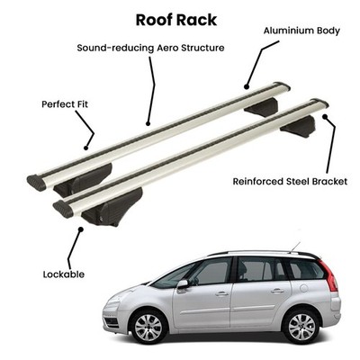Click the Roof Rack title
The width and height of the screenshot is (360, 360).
pyautogui.click(x=176, y=20)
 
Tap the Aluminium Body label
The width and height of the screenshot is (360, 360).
pyautogui.click(x=301, y=31)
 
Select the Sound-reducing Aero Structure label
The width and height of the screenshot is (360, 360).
pyautogui.click(x=150, y=48)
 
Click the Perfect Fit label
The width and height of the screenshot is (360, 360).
pyautogui.click(x=65, y=104)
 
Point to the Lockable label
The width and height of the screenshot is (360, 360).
pyautogui.click(x=64, y=274)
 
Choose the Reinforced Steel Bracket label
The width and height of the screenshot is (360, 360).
pyautogui.click(x=290, y=182)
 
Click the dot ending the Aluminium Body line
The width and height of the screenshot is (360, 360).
pyautogui.click(x=247, y=87)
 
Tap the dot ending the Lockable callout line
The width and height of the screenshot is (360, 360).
pyautogui.click(x=80, y=229)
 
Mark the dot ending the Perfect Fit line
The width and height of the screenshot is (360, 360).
pyautogui.click(x=85, y=148)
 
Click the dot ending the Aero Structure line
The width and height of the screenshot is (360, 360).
pyautogui.click(x=148, y=123)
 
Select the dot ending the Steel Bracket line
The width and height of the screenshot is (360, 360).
pyautogui.click(x=325, y=116)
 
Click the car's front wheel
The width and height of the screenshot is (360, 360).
pyautogui.click(x=148, y=327)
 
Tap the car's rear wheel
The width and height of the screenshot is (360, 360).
pyautogui.click(x=301, y=327)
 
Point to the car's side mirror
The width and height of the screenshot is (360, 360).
pyautogui.click(x=183, y=284)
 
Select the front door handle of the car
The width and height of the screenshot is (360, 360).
pyautogui.click(x=222, y=293)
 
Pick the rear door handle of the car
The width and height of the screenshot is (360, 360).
pyautogui.click(x=277, y=291)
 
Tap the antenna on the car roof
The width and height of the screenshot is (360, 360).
pyautogui.click(x=295, y=247)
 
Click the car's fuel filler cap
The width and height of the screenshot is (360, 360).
pyautogui.click(x=303, y=288)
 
